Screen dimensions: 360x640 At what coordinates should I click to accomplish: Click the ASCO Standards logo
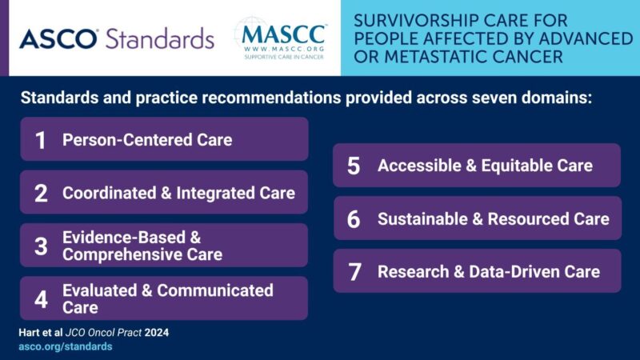[x=117, y=38]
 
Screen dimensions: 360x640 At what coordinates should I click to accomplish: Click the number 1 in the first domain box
[x=41, y=140]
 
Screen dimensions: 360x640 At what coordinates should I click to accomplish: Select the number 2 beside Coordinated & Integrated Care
[x=41, y=193]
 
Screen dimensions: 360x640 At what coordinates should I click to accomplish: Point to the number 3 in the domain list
[x=41, y=246]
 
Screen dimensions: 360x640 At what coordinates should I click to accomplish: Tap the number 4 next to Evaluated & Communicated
[x=41, y=298]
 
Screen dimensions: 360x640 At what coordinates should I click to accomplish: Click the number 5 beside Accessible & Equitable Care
[x=354, y=166]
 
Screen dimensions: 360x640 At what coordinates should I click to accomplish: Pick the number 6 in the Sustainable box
[x=354, y=218]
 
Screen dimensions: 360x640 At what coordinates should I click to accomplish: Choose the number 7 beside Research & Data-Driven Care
[x=354, y=271]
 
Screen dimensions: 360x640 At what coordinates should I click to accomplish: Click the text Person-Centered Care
[x=147, y=140]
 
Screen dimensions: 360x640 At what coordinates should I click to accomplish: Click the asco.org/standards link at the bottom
[x=65, y=346]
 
